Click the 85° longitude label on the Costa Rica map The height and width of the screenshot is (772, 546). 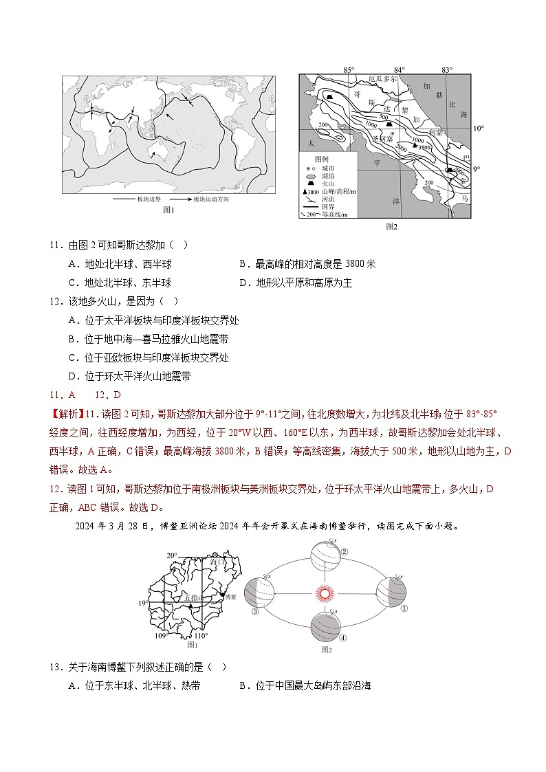coord(349,69)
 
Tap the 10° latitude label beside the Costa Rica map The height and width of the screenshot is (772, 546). coord(479,129)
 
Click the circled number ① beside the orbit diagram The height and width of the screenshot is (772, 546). coord(404,608)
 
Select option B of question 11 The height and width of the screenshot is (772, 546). coord(307,264)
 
